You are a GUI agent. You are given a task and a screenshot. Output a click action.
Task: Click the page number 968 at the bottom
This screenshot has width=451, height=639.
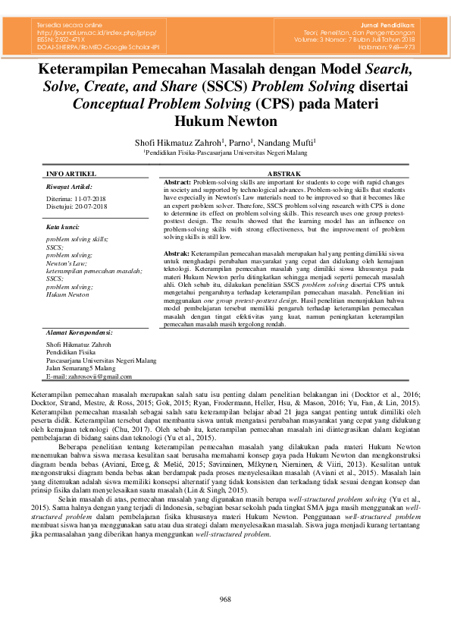225,600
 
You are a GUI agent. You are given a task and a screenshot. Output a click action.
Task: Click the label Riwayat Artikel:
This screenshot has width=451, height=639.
69,186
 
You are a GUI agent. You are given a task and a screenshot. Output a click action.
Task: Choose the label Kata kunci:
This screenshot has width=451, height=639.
63,227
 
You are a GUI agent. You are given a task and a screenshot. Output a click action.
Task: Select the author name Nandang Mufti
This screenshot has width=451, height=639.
287,142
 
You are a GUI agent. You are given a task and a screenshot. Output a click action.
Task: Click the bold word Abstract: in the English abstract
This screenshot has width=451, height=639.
177,183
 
